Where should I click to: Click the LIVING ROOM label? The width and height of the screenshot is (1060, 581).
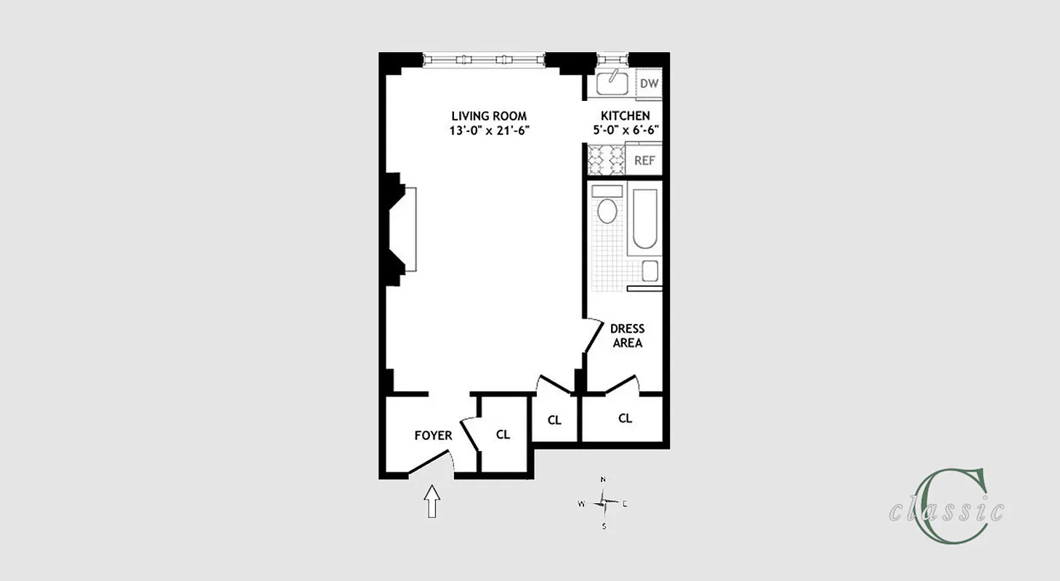tap(488, 116)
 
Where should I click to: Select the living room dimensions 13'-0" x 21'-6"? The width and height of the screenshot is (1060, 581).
tap(488, 131)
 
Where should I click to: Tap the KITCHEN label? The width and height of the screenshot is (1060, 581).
tap(625, 116)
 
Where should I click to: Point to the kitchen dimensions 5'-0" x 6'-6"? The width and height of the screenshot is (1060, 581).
tap(625, 131)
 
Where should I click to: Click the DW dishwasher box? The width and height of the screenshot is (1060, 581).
tap(649, 84)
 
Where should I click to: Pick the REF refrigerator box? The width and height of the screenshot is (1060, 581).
tap(644, 161)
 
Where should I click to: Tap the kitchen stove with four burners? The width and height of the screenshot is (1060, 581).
tap(605, 160)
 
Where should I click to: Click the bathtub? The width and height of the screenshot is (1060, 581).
tap(645, 219)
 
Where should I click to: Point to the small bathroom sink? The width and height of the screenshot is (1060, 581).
tap(650, 271)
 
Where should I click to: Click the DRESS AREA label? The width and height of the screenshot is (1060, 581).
tap(627, 336)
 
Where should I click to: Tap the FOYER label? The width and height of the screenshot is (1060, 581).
tap(433, 436)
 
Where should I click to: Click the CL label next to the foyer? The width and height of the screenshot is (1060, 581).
tap(503, 434)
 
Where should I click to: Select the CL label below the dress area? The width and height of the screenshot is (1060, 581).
tap(625, 418)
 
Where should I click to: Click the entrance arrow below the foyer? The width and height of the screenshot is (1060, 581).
tap(432, 501)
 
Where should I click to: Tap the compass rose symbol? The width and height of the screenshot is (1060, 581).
tap(604, 502)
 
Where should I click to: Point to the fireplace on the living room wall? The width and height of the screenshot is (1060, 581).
tap(404, 229)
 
